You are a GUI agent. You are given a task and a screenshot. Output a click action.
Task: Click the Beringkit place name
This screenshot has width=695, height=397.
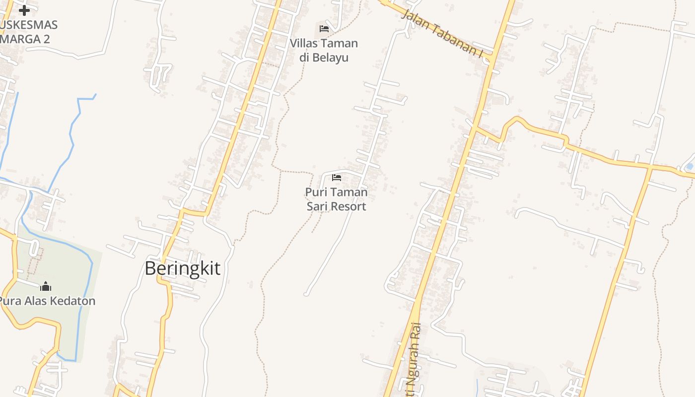tap(182, 268)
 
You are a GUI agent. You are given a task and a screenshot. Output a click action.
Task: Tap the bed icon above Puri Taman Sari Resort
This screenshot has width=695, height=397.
tap(337, 178)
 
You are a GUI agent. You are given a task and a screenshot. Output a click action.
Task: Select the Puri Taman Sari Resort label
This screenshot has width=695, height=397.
tap(336, 199)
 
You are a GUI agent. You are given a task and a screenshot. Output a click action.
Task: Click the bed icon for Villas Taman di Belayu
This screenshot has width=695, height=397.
tap(324, 28)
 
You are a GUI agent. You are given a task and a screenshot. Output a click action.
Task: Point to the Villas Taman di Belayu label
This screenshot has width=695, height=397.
tap(324, 50)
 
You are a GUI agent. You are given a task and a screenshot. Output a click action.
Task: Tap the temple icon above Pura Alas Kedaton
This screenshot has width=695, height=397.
tap(46, 286)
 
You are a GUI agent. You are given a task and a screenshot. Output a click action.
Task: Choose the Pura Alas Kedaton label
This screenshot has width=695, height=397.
tap(46, 301)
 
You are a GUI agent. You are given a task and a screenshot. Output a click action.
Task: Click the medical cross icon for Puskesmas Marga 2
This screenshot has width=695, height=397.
tap(24, 9)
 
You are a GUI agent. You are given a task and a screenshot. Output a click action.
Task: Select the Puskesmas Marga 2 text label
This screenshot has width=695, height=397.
tap(27, 32)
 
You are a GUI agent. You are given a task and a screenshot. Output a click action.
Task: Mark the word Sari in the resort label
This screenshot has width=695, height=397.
tap(316, 206)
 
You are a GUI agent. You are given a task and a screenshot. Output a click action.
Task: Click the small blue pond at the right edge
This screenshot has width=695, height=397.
tap(689, 166)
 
